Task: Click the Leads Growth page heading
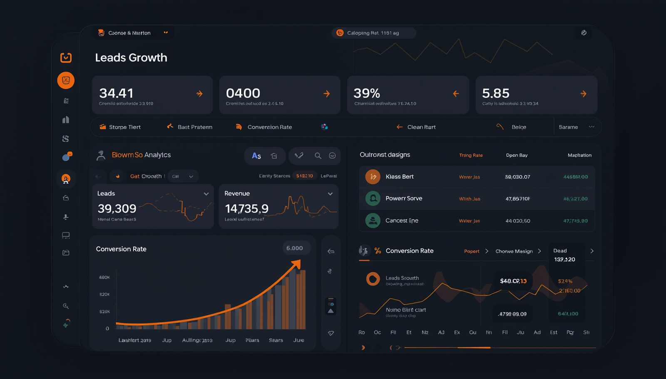[x=131, y=58]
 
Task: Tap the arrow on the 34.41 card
[x=199, y=94]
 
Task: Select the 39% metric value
[x=367, y=93]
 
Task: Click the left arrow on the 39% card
[x=456, y=94]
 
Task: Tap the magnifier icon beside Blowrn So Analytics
[x=318, y=156]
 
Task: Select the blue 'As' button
[x=256, y=156]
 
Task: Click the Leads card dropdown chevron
[x=206, y=194]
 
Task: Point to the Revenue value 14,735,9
[x=246, y=209]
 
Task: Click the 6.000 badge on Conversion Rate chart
[x=295, y=248]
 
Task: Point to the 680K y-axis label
[x=104, y=277]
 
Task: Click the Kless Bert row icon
[x=373, y=177]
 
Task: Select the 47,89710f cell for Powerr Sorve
[x=517, y=199]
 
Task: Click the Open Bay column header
[x=517, y=155]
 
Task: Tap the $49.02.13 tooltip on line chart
[x=513, y=281]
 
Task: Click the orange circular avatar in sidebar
[x=66, y=80]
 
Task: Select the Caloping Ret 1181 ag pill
[x=373, y=33]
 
